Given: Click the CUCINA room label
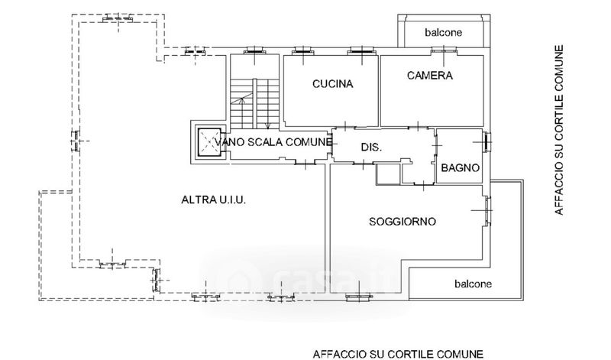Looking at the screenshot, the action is [x=333, y=84].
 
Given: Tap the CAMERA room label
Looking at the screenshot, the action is [x=430, y=75].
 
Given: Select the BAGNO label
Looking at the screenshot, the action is [x=461, y=168].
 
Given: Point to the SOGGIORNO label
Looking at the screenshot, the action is [x=402, y=222].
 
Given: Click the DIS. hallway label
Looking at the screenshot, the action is [x=371, y=147].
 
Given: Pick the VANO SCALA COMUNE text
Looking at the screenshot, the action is [x=273, y=142].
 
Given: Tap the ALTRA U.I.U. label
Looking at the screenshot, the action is [x=214, y=199].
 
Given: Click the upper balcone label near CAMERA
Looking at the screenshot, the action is [x=444, y=32].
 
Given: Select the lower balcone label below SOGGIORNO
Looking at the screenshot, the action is [x=473, y=284].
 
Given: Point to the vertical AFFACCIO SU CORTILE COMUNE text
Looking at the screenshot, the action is [x=559, y=130].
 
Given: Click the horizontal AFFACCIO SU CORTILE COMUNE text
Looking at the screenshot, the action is [x=398, y=354].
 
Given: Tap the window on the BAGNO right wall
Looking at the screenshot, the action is [x=487, y=142].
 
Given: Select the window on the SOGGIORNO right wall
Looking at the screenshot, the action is [x=487, y=211].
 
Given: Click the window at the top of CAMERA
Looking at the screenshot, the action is [x=444, y=50].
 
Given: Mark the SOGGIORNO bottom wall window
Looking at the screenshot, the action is [x=359, y=297].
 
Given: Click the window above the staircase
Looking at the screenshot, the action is [x=254, y=50].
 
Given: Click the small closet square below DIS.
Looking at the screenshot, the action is [x=389, y=174].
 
